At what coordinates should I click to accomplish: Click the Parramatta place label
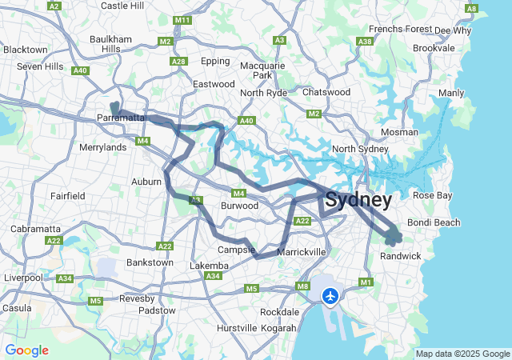[121, 118]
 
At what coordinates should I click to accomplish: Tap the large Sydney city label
[358, 199]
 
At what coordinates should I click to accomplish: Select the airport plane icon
[330, 296]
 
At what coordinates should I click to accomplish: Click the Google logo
[26, 350]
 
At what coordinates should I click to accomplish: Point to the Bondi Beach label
[434, 222]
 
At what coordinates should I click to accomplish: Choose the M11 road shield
[182, 20]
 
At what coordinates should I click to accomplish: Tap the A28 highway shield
[178, 62]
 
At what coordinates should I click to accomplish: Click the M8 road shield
[302, 286]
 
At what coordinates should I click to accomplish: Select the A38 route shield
[365, 41]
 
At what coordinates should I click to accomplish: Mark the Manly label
[451, 93]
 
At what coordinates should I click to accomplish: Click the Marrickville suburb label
[301, 252]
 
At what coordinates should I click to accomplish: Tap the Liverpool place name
[22, 278]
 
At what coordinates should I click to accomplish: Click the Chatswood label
[326, 92]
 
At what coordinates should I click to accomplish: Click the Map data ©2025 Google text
[462, 354]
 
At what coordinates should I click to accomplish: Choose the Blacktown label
[25, 49]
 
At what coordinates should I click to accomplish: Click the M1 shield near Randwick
[366, 282]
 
